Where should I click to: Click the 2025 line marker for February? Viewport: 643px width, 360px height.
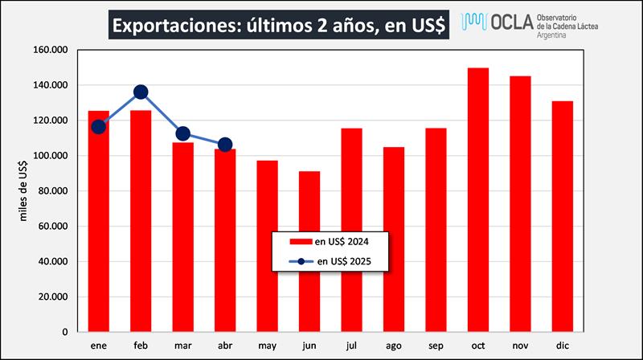tap(141, 92)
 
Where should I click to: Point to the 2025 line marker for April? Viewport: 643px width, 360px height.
tap(225, 145)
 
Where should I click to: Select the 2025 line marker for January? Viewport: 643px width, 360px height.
tap(99, 126)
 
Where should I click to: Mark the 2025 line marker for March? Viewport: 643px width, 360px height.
tap(182, 134)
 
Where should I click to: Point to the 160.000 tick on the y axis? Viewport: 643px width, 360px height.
tap(51, 50)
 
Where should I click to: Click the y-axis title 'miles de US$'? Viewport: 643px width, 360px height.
tap(25, 190)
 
